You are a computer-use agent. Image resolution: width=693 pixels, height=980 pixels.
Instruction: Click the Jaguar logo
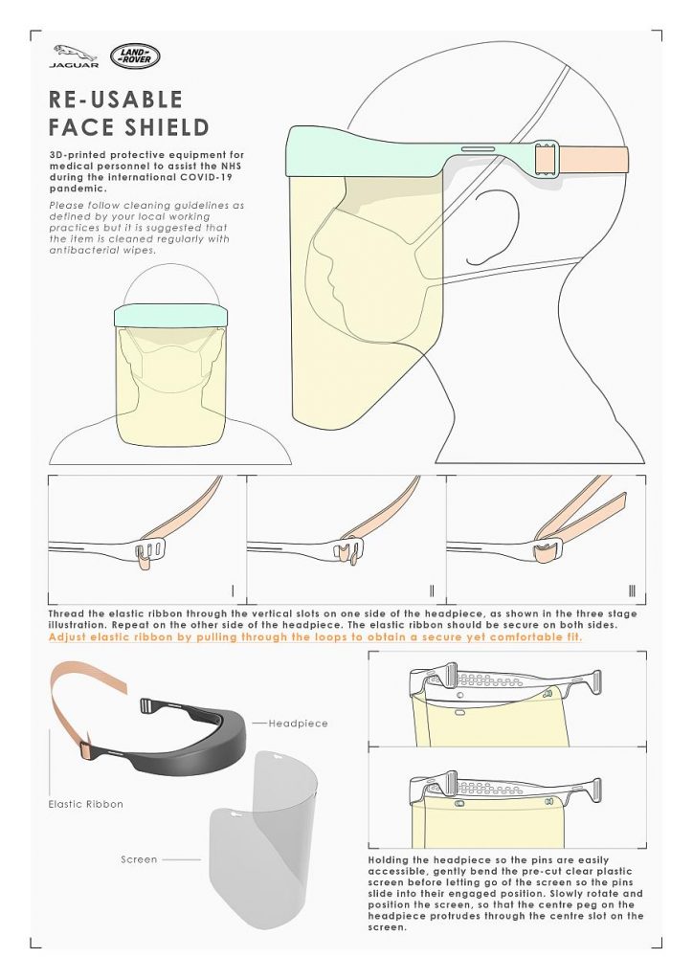point(74,56)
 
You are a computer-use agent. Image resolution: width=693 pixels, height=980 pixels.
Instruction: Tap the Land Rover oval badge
point(135,56)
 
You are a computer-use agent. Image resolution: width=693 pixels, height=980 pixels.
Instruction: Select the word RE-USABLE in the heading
point(116,100)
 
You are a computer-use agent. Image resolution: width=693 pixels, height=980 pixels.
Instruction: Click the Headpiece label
point(298,724)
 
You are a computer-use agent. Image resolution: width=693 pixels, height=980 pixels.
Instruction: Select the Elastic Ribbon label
point(85,804)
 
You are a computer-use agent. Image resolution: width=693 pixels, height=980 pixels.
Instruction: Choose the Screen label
point(139,859)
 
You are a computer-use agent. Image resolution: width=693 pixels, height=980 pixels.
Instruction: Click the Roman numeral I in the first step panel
point(234,590)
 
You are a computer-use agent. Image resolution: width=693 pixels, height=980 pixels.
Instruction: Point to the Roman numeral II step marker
point(432,590)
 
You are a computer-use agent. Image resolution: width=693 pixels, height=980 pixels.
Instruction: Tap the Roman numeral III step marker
point(632,590)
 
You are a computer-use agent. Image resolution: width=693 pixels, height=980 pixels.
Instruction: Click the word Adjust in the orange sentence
point(66,637)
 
